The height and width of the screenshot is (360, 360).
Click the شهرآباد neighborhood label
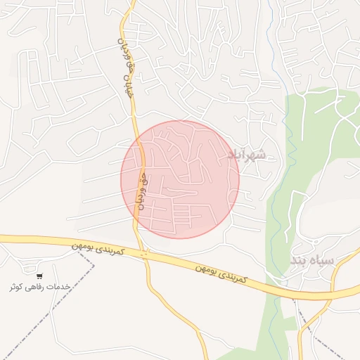(x=247, y=154)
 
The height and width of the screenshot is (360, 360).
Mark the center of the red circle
(x=180, y=179)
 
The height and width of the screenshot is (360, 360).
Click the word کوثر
(x=17, y=287)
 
